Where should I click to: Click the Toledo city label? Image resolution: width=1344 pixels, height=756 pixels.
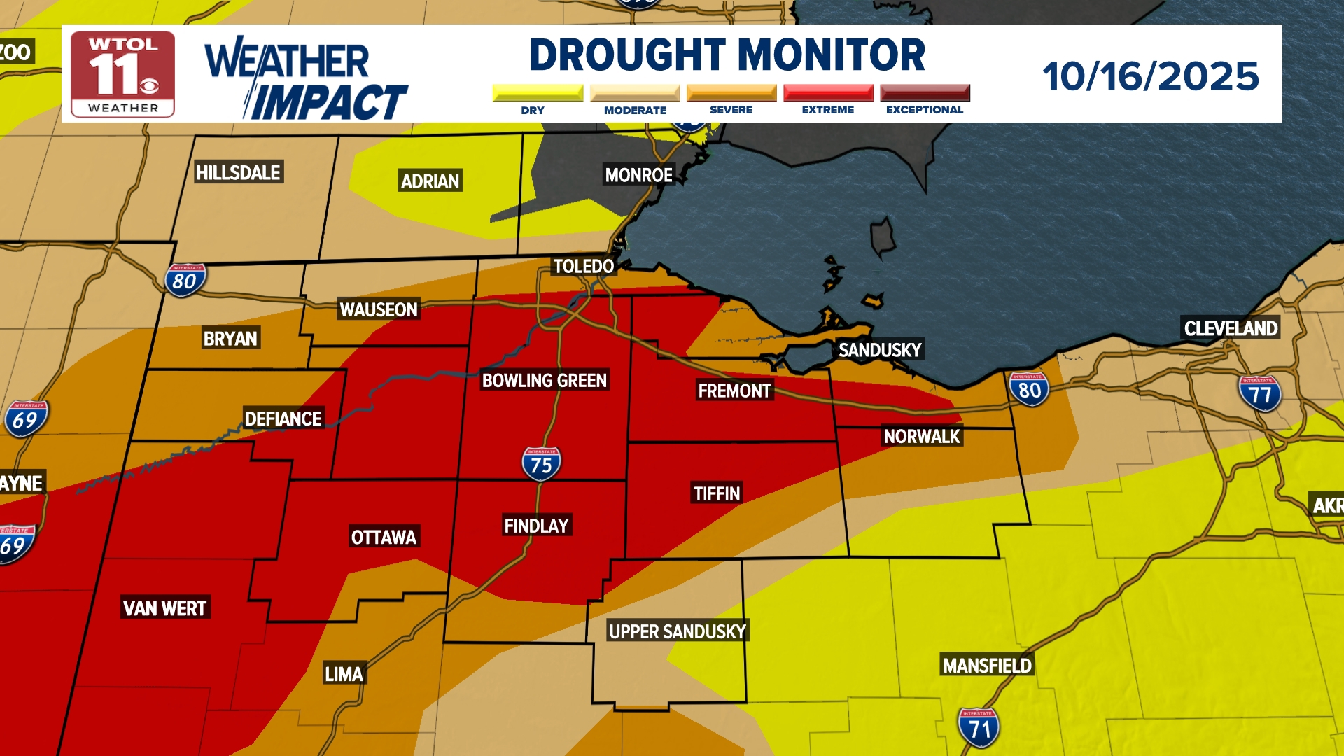tap(583, 267)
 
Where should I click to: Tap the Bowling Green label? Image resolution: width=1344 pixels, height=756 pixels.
tap(544, 381)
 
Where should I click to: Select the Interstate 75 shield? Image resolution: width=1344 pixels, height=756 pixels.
tap(541, 464)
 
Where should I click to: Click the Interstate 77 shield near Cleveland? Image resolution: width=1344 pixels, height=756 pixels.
tap(1260, 394)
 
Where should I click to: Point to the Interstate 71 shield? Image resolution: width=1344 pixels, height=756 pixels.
tap(979, 728)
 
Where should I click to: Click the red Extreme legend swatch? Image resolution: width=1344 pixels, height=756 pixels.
tap(828, 93)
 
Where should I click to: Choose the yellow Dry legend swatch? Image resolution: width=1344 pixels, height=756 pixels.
tap(538, 93)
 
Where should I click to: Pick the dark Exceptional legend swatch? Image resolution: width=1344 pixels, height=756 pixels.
tap(925, 93)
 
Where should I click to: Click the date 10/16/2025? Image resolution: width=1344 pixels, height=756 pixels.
tap(1150, 76)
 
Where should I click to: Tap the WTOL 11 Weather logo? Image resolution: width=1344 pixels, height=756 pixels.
tap(123, 74)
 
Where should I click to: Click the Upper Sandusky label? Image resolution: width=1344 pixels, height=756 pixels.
tap(678, 631)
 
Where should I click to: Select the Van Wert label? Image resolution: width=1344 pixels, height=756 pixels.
tap(164, 608)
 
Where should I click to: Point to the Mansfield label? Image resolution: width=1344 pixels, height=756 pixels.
tap(987, 666)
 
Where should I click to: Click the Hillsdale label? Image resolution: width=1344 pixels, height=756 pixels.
tap(238, 173)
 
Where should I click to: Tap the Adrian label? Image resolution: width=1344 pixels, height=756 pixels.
tap(430, 181)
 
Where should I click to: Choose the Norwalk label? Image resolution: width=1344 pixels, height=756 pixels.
tap(921, 437)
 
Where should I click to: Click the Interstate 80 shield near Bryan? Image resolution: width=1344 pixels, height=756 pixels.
tap(185, 281)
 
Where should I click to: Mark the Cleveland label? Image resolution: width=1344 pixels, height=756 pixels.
tap(1231, 328)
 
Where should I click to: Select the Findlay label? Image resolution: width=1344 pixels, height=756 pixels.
tap(536, 526)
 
